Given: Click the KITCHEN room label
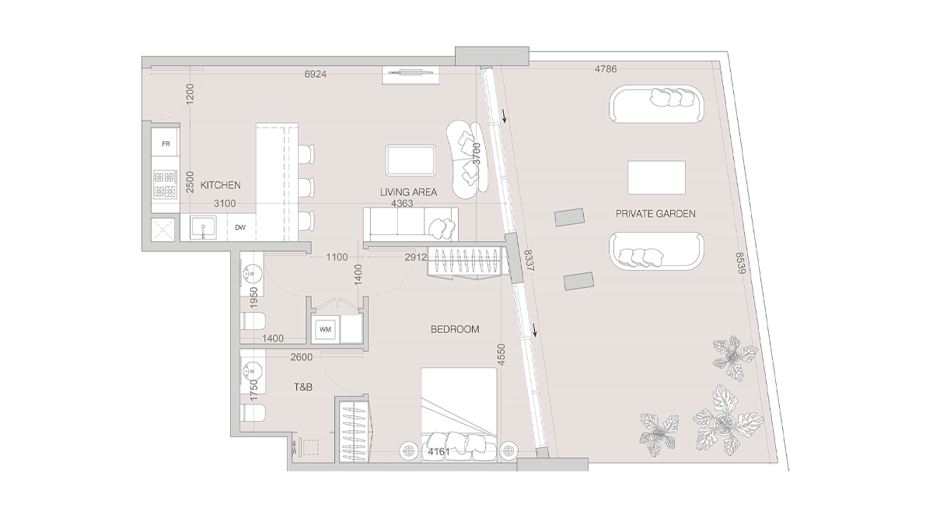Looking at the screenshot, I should pos(221,186).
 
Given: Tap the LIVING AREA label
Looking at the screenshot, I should pos(408,192).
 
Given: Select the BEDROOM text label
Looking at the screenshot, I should pos(455,330).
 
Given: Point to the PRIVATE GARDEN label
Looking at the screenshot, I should pos(655,213).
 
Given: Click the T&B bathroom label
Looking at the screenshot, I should pos(302,387).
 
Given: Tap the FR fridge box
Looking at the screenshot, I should pos(166,144).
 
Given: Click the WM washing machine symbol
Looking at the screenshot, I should pos(324,330).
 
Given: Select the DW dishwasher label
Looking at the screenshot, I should pos(241,228).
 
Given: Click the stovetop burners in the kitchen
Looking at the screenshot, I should pos(166,184).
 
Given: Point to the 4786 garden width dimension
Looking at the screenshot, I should pos(606,69).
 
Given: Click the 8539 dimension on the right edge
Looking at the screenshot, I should pos(740,264).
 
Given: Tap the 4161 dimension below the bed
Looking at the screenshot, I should pos(439,450).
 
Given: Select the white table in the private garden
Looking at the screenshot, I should pos(656,178).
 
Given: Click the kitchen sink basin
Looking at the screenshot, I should pos(204,229).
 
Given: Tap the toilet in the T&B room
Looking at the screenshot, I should pos(254,414).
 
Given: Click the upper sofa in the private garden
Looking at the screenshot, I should pos(657,105).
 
